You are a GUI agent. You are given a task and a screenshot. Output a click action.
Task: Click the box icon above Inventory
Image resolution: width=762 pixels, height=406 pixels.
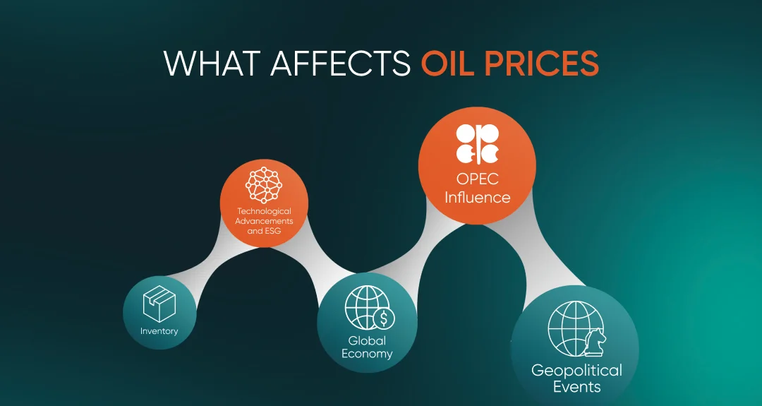click(159, 304)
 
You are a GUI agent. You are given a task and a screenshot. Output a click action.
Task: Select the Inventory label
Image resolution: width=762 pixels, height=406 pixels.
click(159, 331)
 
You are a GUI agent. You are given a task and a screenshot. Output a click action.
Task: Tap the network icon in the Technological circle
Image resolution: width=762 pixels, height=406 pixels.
click(264, 185)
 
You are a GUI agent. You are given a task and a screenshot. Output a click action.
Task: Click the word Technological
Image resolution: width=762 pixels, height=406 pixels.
click(264, 212)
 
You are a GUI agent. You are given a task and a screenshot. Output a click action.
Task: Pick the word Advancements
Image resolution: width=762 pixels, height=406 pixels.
click(264, 221)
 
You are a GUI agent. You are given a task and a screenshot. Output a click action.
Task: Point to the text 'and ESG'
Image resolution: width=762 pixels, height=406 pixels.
click(264, 230)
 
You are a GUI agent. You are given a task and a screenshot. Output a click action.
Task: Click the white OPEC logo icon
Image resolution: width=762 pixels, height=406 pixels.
click(477, 144)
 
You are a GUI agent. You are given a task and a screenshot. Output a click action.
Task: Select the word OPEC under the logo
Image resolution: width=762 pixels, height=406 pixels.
click(477, 179)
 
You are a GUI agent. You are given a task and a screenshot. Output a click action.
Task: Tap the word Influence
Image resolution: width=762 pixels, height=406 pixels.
click(477, 198)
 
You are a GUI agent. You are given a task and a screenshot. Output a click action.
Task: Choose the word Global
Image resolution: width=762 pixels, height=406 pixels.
click(367, 341)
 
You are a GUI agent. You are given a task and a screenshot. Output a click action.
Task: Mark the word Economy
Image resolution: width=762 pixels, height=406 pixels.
click(367, 354)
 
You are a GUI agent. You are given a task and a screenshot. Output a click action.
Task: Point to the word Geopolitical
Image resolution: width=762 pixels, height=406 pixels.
click(576, 371)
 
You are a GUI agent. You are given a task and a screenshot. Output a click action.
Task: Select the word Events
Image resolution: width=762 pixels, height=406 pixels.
click(577, 387)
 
